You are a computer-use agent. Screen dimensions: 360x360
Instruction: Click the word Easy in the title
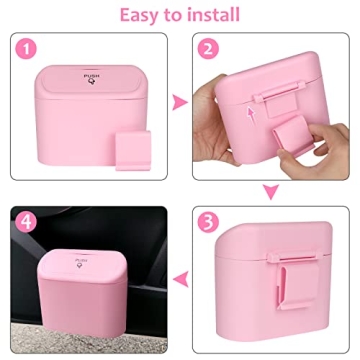pos(144,15)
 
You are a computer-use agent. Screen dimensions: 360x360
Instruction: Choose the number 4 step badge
pos(27,220)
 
